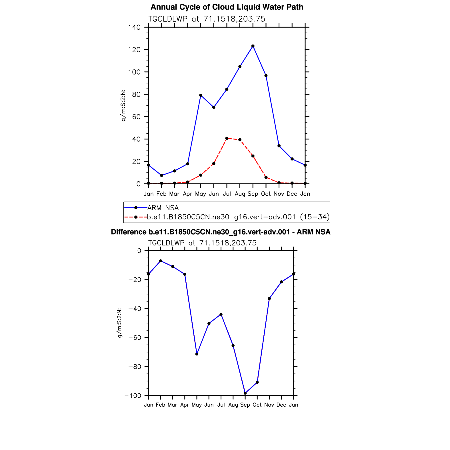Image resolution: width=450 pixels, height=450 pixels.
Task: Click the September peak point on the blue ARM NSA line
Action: (253, 46)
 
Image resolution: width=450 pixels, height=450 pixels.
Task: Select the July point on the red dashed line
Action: (227, 138)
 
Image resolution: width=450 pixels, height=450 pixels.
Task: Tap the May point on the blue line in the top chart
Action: (201, 95)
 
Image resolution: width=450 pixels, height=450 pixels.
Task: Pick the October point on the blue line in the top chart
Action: (266, 76)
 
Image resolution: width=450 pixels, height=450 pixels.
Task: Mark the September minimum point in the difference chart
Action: (245, 393)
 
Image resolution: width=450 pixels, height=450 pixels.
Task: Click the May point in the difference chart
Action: (197, 354)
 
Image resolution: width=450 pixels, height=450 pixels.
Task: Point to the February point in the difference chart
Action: (161, 261)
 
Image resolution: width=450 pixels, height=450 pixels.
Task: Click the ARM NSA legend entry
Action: (163, 208)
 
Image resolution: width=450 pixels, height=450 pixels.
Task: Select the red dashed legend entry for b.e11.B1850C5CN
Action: (238, 217)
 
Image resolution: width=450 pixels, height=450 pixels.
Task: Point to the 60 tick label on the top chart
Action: (136, 117)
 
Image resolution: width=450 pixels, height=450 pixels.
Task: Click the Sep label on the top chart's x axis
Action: (253, 194)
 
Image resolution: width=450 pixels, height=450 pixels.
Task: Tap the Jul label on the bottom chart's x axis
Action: (221, 405)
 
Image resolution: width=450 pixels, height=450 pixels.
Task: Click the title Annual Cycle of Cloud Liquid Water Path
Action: (227, 7)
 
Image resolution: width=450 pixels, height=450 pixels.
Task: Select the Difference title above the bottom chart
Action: (221, 232)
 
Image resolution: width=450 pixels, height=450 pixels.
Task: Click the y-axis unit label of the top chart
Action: (123, 105)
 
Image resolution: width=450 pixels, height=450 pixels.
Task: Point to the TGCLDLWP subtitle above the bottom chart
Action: (202, 243)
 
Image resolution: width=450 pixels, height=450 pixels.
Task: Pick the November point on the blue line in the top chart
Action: (279, 146)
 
